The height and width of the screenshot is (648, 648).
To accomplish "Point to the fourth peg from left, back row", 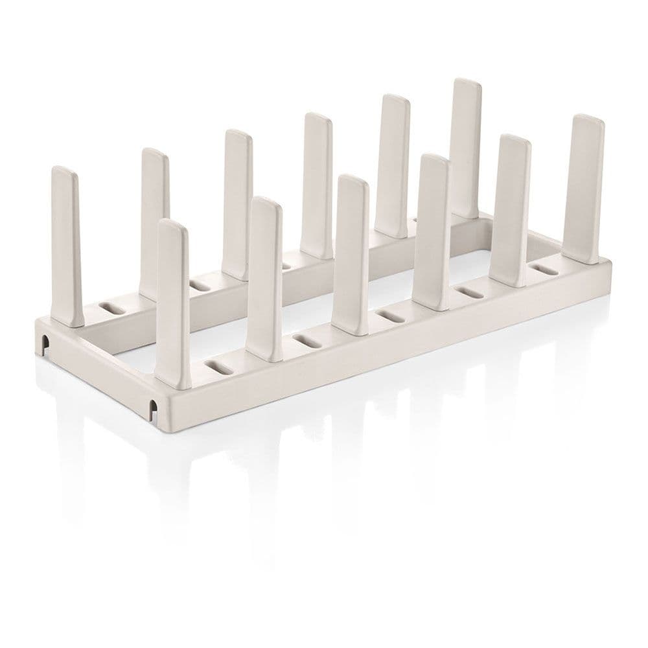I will point(317,185).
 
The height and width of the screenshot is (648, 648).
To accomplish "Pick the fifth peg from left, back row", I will point(393,165).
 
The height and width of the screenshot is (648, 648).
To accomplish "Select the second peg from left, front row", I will point(264,279).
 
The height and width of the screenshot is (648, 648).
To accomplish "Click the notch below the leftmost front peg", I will point(153,408).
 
